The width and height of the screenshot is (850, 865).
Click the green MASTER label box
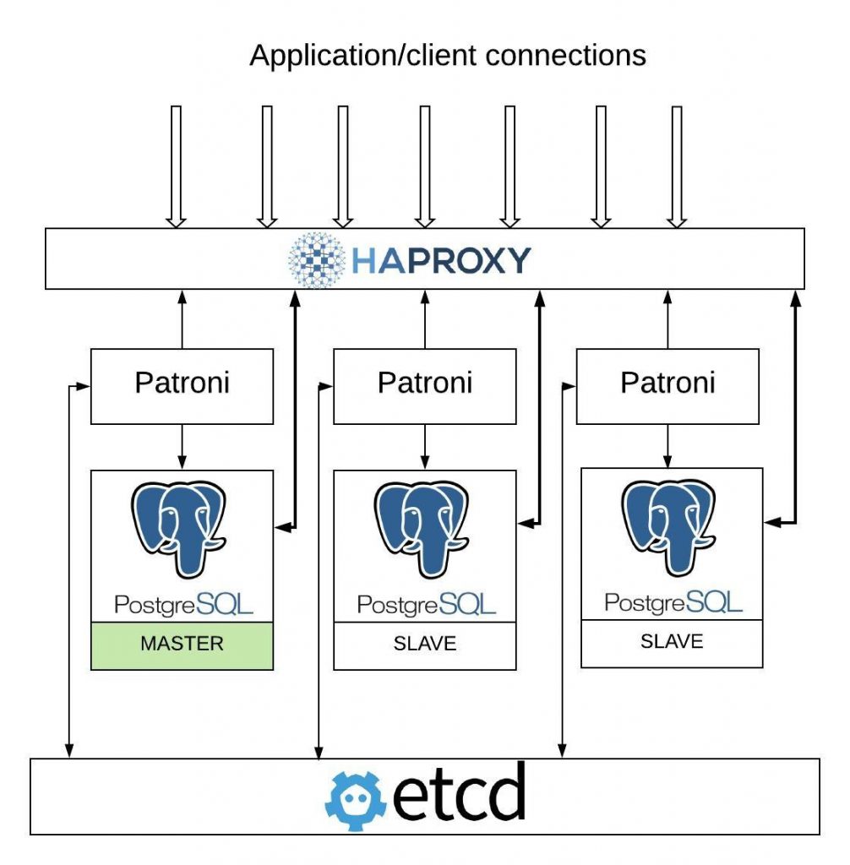point(182,645)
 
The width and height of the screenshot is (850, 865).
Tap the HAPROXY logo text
point(441,260)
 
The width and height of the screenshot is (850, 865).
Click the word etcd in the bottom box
point(460,796)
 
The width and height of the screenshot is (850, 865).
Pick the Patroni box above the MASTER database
point(182,385)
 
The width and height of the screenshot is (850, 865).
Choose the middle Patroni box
point(424,385)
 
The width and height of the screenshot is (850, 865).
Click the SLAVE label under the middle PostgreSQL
point(424,644)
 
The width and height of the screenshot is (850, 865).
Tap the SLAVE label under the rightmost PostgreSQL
point(672,641)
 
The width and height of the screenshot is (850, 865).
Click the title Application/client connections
point(448,56)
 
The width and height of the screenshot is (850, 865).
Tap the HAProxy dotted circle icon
point(316,259)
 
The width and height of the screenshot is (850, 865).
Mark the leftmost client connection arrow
point(176,166)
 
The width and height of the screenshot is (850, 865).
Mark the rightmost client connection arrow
point(675,166)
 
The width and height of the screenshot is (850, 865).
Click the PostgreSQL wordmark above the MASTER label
point(183,604)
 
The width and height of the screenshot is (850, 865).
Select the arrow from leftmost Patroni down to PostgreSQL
point(182,446)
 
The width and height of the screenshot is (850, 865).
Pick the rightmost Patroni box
point(667,385)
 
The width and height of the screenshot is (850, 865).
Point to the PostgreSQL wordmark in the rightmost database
point(673,601)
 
